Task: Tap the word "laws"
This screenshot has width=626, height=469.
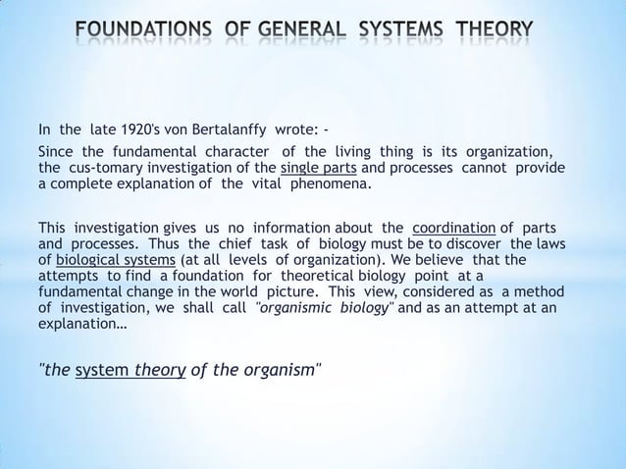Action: coord(547,243)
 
